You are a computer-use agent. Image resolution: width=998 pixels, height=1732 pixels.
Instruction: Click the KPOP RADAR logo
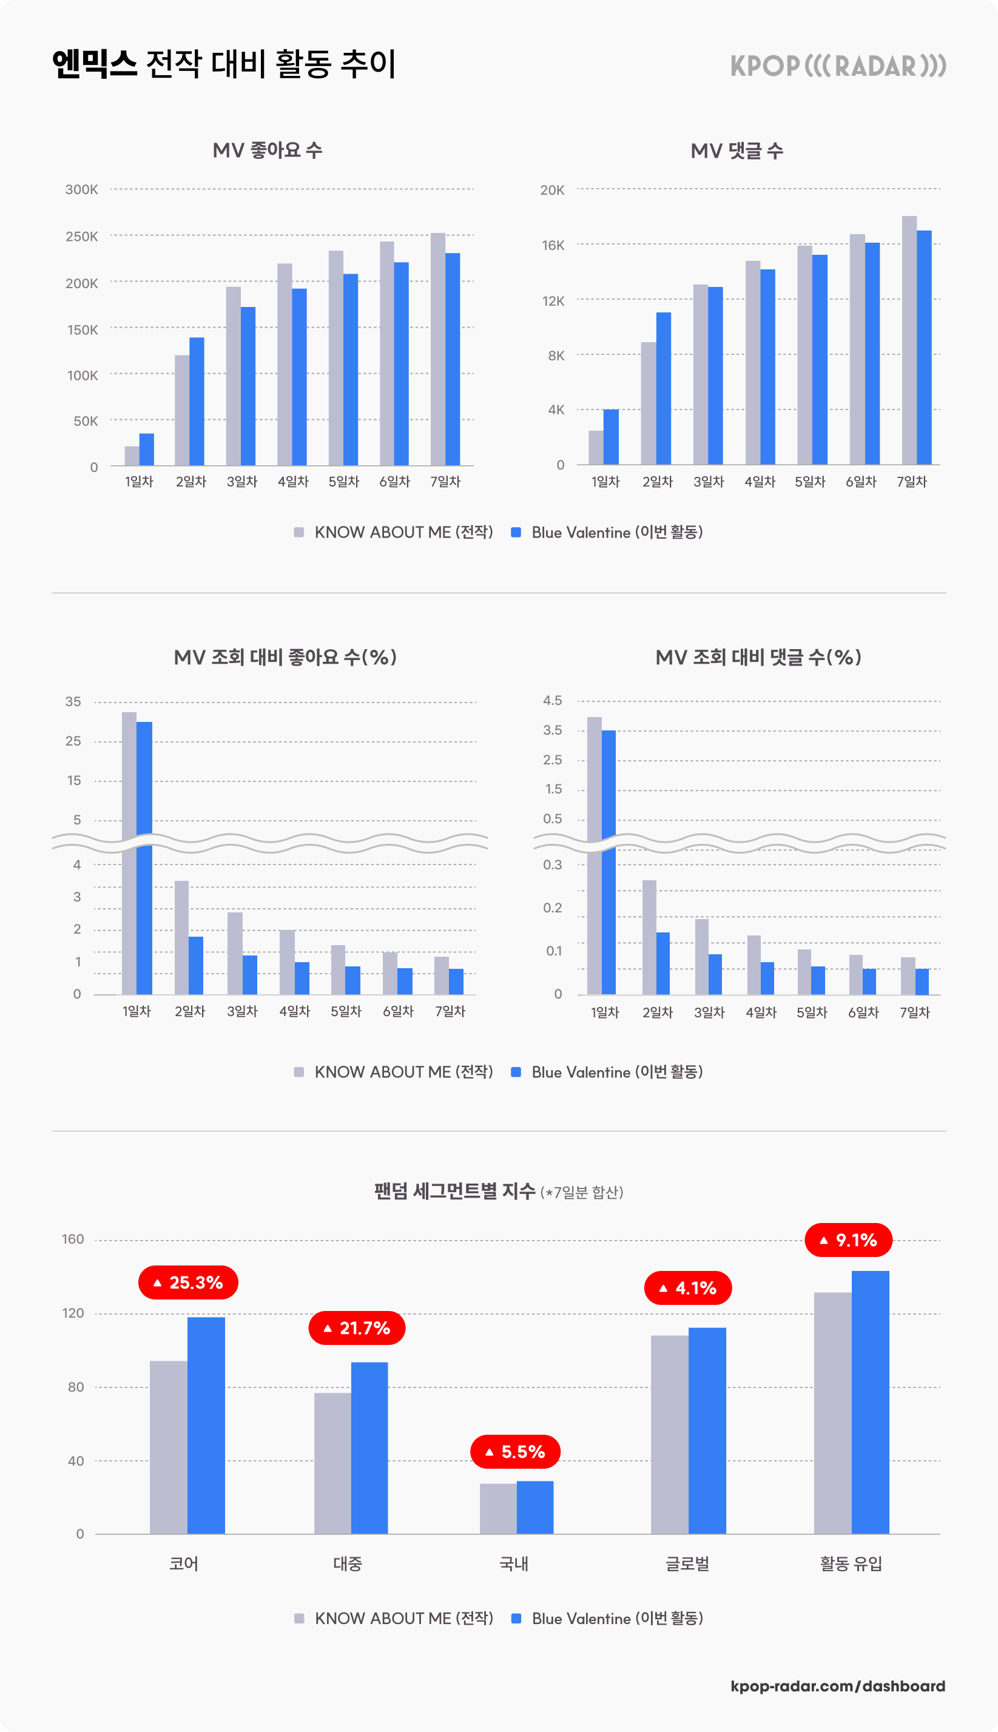click(838, 66)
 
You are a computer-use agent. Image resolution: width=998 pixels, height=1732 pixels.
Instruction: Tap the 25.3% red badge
click(188, 1282)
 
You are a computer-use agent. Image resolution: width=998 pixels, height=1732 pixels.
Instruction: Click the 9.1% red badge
click(848, 1239)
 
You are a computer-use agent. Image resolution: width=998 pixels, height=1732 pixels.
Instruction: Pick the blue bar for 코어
click(206, 1426)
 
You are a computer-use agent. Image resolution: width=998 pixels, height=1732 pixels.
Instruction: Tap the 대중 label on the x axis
click(348, 1563)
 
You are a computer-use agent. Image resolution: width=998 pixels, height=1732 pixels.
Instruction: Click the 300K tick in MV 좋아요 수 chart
click(81, 189)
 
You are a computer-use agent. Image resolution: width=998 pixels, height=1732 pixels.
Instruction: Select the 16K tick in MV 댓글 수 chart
click(553, 244)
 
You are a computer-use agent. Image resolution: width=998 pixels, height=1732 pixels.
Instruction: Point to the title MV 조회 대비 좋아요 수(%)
click(285, 657)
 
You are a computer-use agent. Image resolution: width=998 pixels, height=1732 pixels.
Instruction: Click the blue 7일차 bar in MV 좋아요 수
click(453, 359)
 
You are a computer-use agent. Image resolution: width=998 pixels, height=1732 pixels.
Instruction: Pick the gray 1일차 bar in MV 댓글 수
click(596, 448)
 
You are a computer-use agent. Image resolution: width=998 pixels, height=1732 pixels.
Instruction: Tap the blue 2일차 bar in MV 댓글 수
click(664, 389)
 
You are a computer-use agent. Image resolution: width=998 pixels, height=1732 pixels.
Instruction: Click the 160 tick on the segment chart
click(73, 1239)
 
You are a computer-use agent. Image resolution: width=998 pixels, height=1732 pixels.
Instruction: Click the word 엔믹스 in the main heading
click(95, 64)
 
